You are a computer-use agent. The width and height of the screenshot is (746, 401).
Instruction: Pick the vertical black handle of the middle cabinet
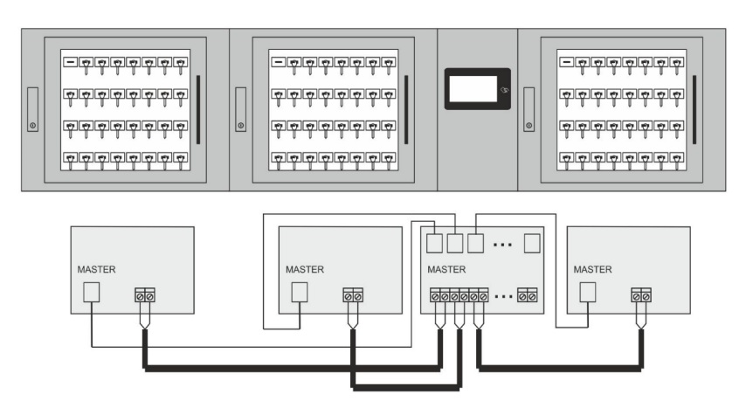[x=405, y=109]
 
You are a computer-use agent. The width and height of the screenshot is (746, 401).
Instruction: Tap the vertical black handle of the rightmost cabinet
[x=694, y=109]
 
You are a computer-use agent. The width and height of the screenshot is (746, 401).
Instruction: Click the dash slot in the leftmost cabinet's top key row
[x=69, y=63]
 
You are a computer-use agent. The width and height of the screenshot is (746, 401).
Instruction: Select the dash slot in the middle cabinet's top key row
[x=278, y=63]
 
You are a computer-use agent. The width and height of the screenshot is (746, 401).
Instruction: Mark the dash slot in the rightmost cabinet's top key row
[x=566, y=63]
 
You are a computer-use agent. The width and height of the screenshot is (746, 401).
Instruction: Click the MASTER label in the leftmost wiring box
[x=96, y=269]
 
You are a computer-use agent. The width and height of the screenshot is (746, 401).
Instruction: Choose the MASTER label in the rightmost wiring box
[x=593, y=269]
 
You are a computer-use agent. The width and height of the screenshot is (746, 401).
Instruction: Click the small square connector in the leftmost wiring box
[x=91, y=293]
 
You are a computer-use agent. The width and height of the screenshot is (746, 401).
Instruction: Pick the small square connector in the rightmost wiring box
[x=588, y=293]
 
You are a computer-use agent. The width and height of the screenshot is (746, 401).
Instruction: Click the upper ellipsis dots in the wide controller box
[x=501, y=245]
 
